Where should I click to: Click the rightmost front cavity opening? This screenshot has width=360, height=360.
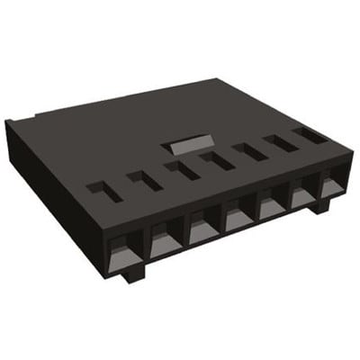[x=331, y=185]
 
